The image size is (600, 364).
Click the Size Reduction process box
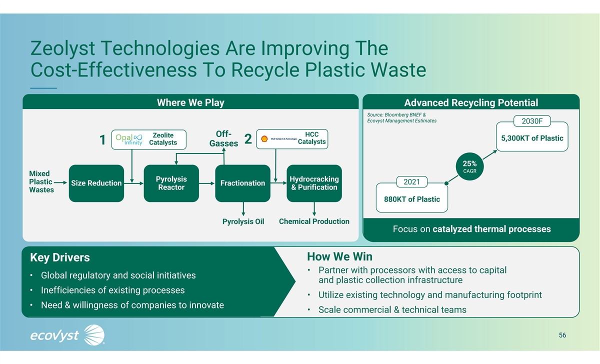pos(96,183)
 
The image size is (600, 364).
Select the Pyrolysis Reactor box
pos(171,183)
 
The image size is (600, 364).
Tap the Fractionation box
pos(242,183)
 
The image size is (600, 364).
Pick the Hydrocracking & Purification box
pos(314,183)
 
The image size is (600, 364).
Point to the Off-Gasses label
pos(223,139)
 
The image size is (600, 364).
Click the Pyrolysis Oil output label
pos(243,221)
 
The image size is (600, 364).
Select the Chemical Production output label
pos(314,221)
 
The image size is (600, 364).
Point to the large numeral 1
pos(102,140)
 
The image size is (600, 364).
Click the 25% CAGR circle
pos(469,166)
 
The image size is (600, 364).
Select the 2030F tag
pos(535,121)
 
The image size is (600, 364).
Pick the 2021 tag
pos(412,182)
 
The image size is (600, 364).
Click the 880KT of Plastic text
pos(412,199)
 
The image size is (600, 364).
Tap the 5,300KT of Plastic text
pos(529,138)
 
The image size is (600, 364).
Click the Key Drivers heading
pos(60,257)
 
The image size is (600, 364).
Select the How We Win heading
pos(339,257)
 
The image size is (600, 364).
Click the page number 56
pos(562,335)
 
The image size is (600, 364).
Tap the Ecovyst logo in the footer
pos(67,334)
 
